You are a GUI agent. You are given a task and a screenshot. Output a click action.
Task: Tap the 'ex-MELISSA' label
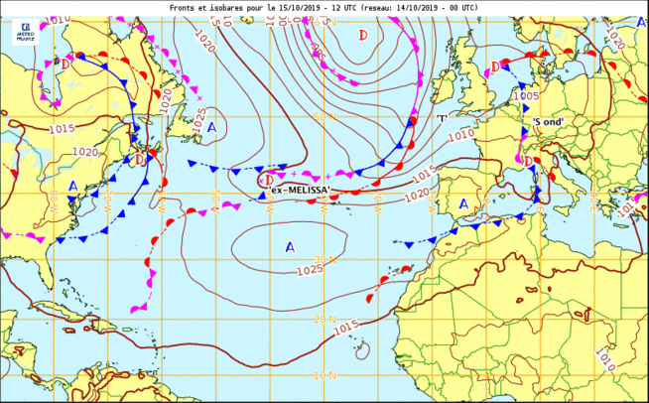[300, 191]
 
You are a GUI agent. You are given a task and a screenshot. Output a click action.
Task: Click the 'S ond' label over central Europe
[548, 122]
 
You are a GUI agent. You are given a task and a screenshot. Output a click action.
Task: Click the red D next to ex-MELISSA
[268, 180]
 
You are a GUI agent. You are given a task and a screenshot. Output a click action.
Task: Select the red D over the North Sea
[495, 67]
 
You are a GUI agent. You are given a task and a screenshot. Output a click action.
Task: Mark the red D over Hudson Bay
[65, 65]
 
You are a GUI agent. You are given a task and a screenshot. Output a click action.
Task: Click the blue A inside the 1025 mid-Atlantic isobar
[290, 246]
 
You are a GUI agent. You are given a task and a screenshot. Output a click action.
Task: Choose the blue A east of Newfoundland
[211, 128]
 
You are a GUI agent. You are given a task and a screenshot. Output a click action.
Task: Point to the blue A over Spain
[463, 203]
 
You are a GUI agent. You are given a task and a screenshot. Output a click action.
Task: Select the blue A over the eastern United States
[72, 186]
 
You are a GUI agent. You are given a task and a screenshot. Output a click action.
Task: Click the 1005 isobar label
[526, 96]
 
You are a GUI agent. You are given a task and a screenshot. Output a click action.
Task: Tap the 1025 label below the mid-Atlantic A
[310, 269]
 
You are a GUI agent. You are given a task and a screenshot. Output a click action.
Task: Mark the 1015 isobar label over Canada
[63, 129]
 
